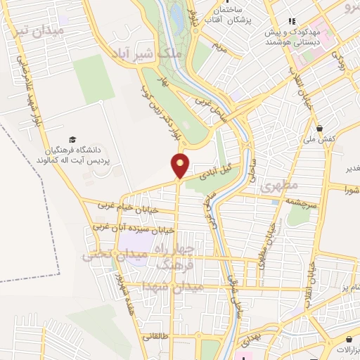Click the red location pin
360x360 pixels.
pos(181,165)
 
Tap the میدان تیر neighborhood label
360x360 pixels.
pos(39,32)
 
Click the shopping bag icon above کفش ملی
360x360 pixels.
pos(321,129)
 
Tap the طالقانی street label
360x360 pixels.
pos(164,337)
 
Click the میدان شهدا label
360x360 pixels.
pos(173,286)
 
